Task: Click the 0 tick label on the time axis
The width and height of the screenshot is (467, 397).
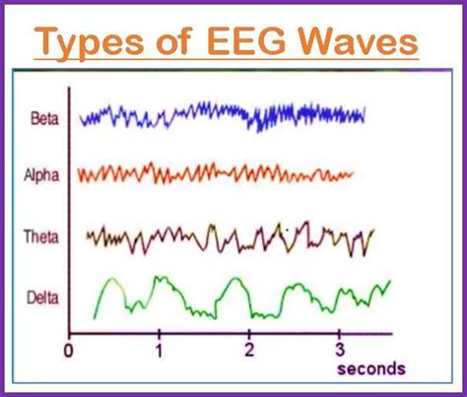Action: coord(68,352)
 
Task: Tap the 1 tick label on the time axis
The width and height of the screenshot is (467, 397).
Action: coord(159,352)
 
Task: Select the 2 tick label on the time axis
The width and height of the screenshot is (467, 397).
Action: coord(249,352)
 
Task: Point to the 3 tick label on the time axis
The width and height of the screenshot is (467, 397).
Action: coord(339,352)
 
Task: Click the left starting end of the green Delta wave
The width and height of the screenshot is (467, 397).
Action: coord(95,316)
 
